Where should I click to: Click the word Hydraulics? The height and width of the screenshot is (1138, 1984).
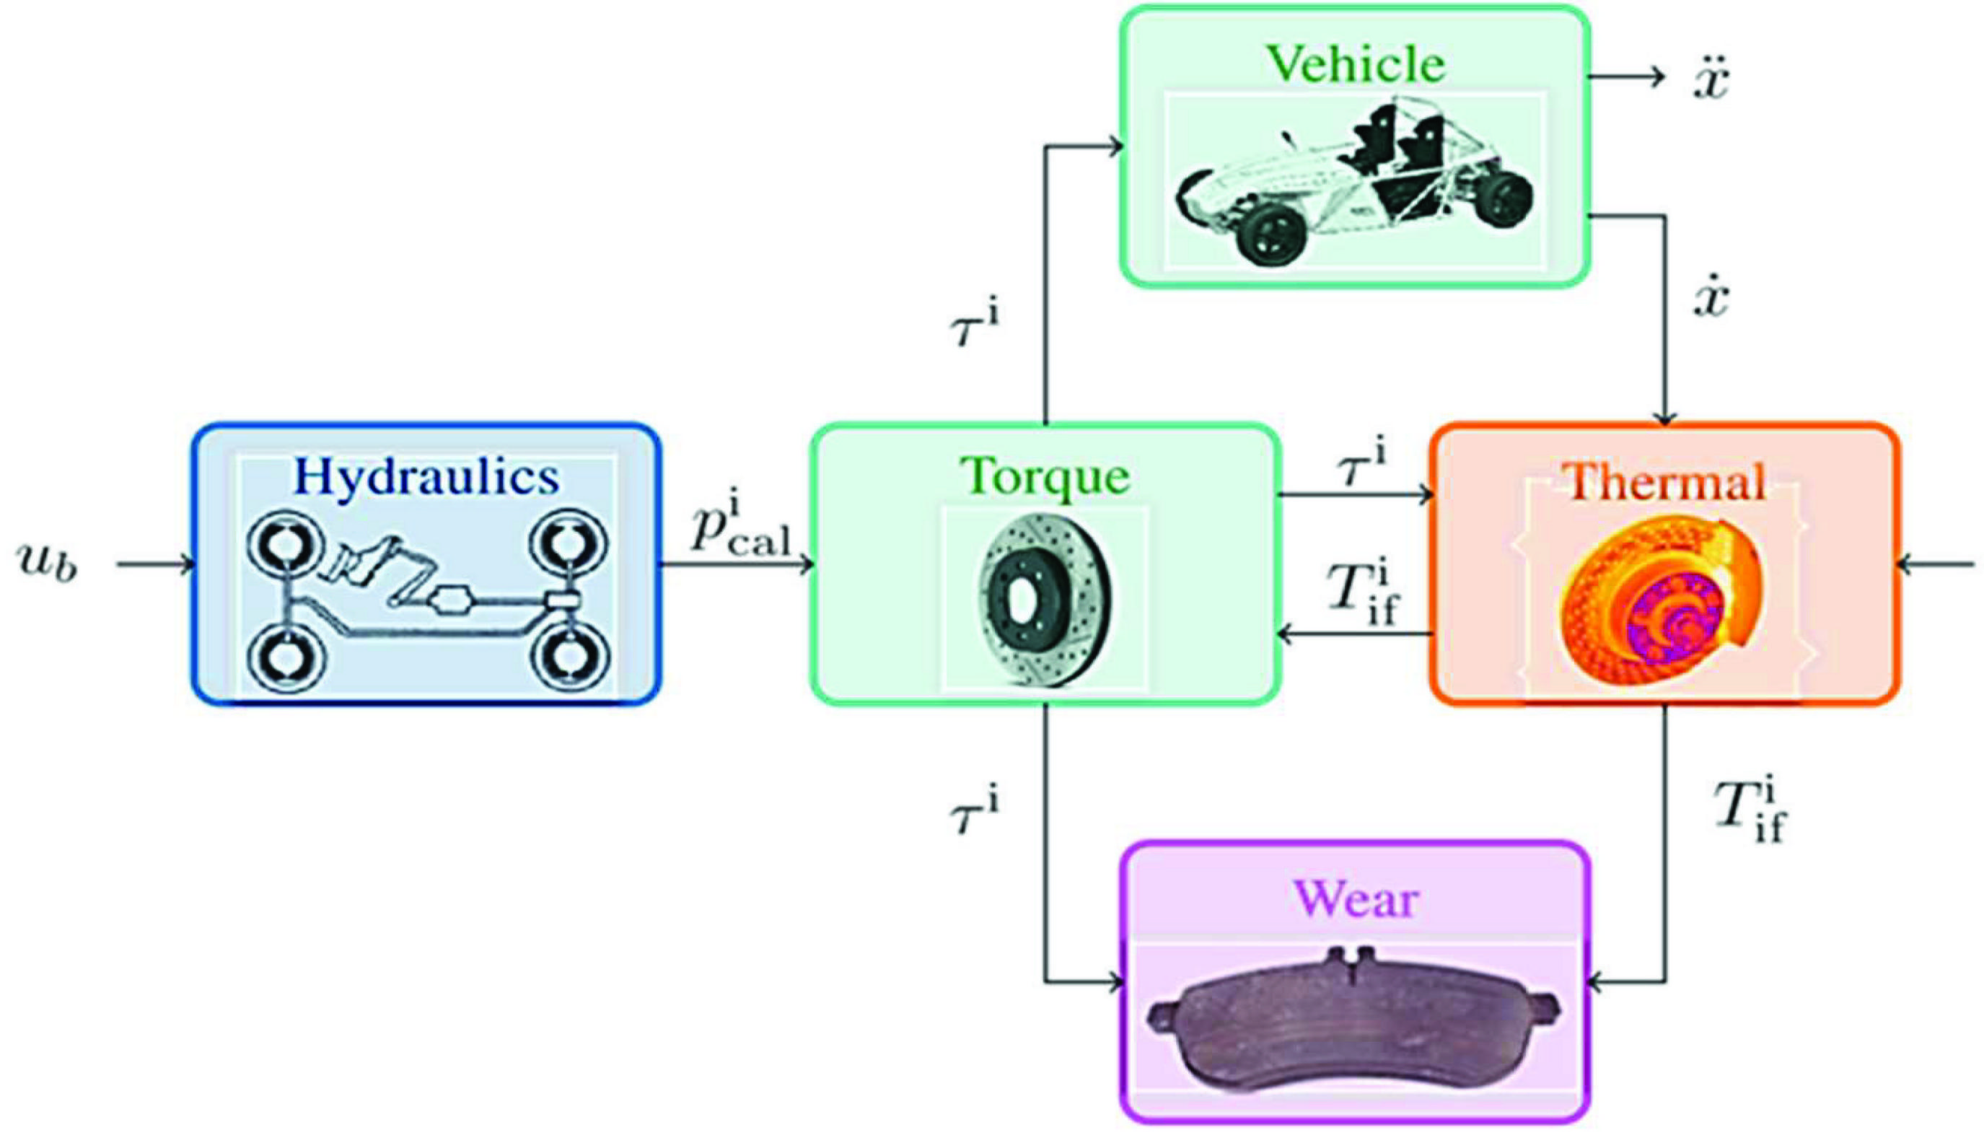coord(426,478)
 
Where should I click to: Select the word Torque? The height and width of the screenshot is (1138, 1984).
coord(1045,476)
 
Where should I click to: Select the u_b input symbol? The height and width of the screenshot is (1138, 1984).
coord(48,564)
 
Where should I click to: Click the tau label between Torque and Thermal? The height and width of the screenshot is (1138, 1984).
coord(1361,466)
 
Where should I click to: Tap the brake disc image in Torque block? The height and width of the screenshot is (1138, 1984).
coord(1045,600)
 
